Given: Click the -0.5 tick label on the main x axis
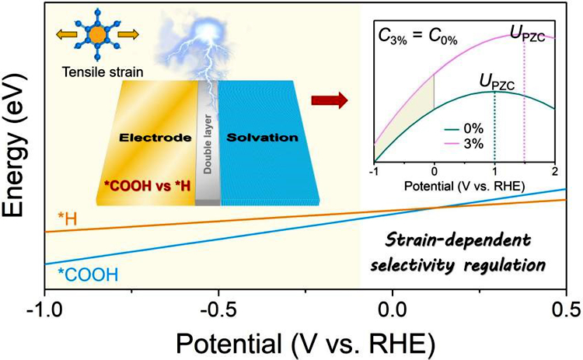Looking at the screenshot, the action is (218, 310).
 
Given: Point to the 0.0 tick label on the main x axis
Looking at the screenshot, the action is (393, 310).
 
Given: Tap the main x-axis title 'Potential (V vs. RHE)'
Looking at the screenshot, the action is (305, 343).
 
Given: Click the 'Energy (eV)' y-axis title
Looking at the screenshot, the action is (15, 145).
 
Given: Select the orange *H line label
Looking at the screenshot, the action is (68, 219).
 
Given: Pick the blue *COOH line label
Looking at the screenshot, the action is (88, 274).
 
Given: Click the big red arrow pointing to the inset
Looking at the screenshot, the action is (330, 100).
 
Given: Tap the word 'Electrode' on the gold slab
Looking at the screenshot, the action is (155, 138).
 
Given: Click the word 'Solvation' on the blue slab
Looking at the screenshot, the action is (263, 138).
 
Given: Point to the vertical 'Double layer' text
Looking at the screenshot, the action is (208, 144).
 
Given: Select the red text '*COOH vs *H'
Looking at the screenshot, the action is (147, 186).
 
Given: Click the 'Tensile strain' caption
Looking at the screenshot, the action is (103, 72).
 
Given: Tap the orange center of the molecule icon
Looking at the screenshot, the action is (97, 35).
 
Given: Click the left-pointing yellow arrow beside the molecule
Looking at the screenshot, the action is (67, 34).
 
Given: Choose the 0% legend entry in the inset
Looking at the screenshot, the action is (464, 128).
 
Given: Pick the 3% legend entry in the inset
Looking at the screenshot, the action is (464, 144).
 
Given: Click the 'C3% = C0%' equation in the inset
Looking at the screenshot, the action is (417, 37).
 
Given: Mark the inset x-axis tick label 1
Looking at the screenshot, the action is (494, 172).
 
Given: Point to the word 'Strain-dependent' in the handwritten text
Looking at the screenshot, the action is (458, 240).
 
